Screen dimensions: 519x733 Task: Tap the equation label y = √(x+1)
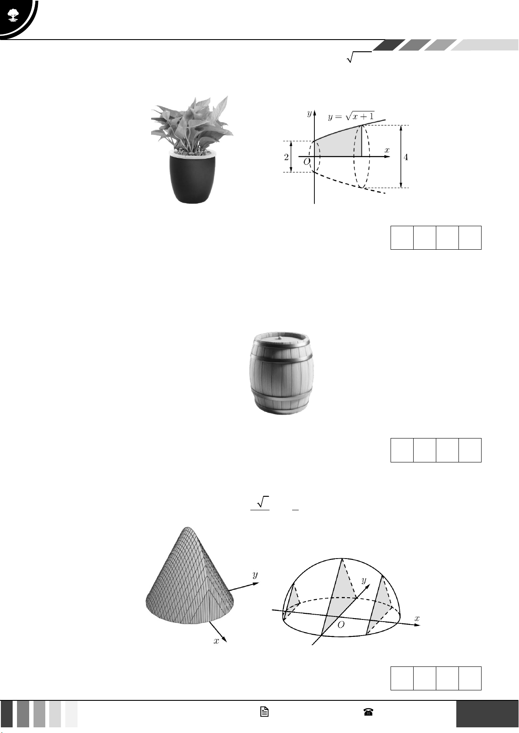pos(351,116)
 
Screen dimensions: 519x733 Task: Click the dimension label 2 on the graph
pos(286,157)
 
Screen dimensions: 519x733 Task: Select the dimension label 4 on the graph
pos(406,157)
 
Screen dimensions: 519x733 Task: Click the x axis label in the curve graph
pos(387,150)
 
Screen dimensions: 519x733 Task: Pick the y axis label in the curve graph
pos(309,114)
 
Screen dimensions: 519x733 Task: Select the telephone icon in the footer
pos(368,712)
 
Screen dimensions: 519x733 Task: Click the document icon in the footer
pos(264,712)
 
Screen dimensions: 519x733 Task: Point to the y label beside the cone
pos(255,575)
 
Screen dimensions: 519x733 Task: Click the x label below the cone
pos(216,641)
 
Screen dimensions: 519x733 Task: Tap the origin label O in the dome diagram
pos(341,625)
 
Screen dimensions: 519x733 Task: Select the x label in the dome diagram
pos(417,618)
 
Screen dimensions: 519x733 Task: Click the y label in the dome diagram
pos(364,580)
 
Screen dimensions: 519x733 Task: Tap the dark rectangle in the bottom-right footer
pos(488,714)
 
